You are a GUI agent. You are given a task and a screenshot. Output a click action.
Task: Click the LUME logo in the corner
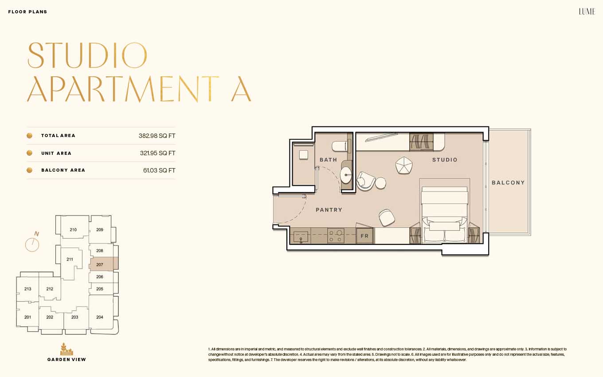[x=587, y=12]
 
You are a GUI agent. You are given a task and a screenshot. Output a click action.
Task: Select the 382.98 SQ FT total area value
[x=157, y=136]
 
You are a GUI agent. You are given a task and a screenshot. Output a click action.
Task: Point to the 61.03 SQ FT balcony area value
[x=159, y=170]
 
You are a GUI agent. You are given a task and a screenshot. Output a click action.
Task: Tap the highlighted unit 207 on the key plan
[x=104, y=264]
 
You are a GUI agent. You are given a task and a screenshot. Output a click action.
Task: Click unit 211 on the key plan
[x=70, y=259]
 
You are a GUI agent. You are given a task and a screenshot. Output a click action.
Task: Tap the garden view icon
[x=67, y=349]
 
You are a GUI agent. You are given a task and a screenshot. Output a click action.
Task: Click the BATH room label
[x=328, y=160]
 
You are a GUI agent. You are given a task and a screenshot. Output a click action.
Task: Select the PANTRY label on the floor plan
[x=329, y=210]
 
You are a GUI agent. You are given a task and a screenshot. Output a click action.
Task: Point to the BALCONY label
[x=508, y=183]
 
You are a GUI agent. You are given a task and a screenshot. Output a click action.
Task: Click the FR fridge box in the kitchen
[x=364, y=236]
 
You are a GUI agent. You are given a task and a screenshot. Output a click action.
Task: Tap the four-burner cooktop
[x=336, y=236]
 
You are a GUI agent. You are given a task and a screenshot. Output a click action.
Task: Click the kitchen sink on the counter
[x=301, y=237]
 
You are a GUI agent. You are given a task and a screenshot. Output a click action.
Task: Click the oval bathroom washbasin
[x=346, y=175]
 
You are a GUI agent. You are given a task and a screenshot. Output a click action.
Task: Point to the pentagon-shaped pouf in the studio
[x=404, y=165]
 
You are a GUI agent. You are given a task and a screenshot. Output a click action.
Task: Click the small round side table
[x=380, y=183]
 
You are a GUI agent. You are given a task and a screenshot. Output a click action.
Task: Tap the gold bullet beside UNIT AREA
[x=30, y=153]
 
